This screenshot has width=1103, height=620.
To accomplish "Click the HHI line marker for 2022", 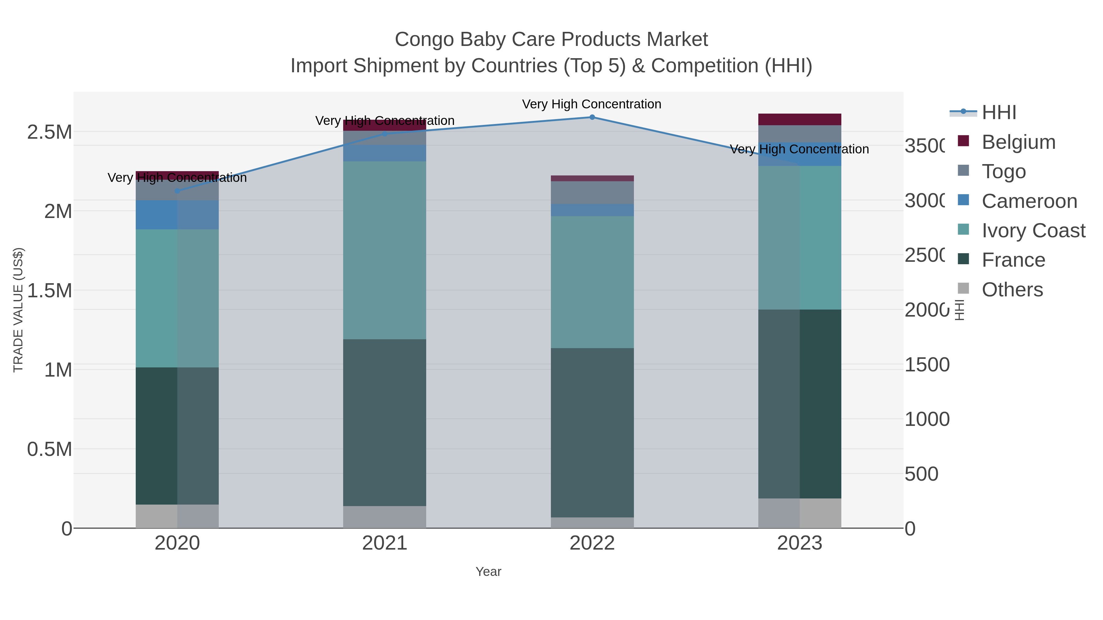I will point(592,117).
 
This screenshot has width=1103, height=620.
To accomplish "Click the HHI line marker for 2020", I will point(177,191).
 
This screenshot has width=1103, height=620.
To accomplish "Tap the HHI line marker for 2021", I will point(385,134).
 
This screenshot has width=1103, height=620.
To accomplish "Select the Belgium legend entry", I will point(1018,142).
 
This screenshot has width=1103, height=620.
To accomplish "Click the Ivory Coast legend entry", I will point(1033,231).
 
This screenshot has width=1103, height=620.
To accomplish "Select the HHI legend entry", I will point(999,113).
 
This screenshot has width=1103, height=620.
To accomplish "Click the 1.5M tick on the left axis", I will point(49,291).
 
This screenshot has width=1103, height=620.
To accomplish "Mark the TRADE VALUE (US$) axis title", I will point(18,310).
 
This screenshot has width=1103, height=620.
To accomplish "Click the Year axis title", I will point(488,572).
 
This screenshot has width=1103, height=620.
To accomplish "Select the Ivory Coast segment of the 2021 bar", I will point(385,250).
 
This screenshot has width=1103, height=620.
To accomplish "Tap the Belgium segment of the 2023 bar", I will point(799,119).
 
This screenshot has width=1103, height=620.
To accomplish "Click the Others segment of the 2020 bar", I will point(177,516).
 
